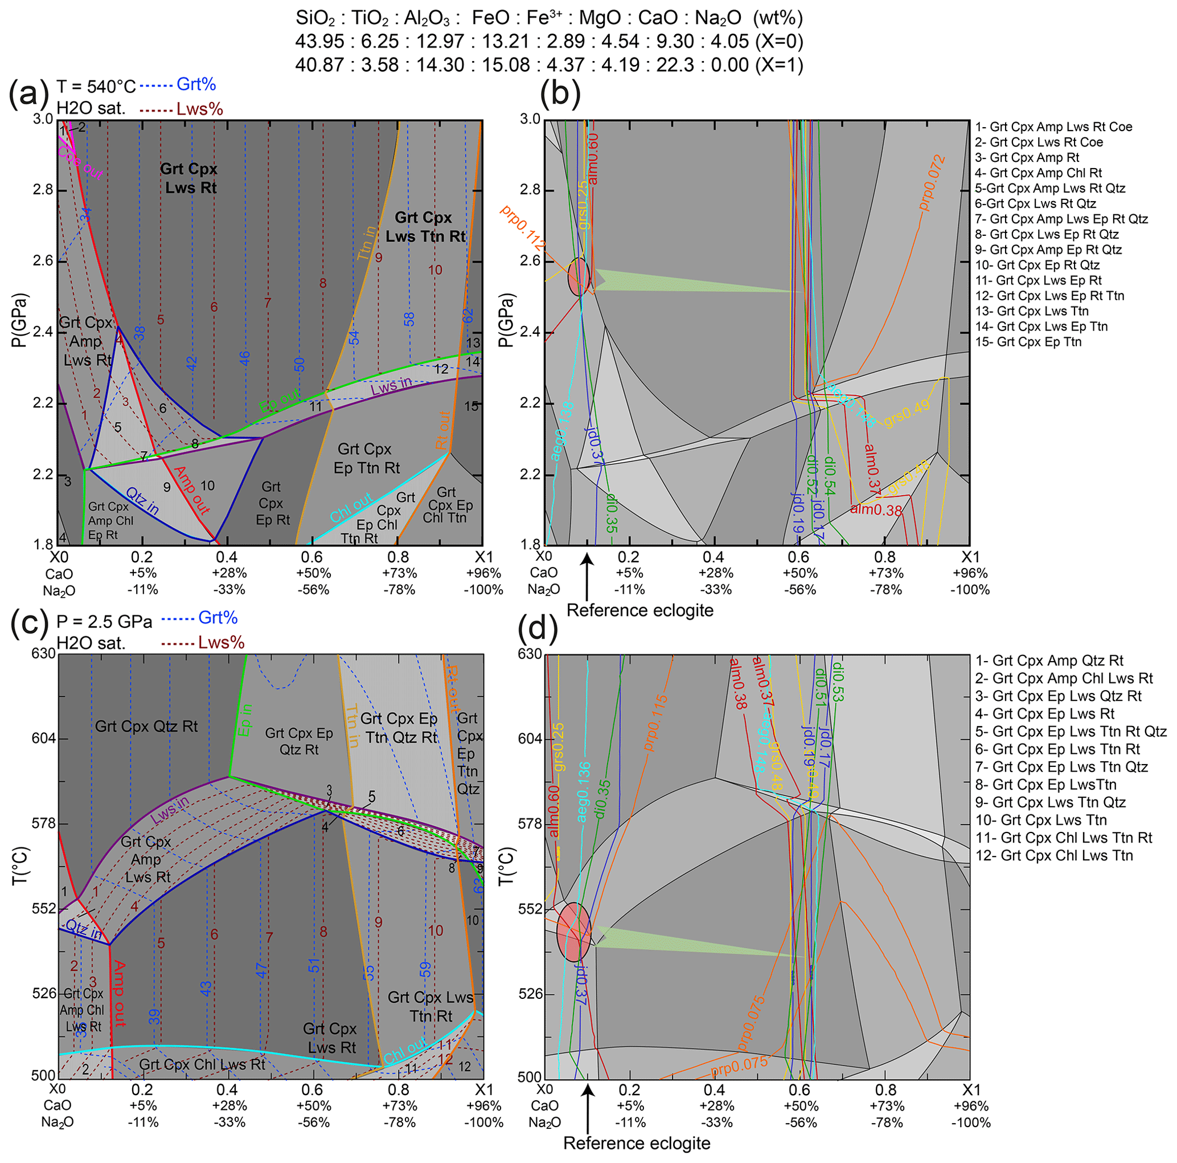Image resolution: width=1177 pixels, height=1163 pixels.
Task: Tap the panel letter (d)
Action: click(538, 630)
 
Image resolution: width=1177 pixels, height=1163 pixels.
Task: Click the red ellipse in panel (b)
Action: click(579, 277)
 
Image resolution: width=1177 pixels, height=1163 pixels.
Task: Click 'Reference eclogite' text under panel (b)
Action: click(639, 610)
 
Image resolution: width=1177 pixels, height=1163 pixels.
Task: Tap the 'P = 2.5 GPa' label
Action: click(104, 622)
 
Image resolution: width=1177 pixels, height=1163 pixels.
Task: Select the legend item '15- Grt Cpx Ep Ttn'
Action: click(1028, 342)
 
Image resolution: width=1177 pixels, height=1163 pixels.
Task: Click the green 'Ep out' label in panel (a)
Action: click(280, 401)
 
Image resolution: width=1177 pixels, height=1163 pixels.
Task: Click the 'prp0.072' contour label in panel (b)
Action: click(932, 183)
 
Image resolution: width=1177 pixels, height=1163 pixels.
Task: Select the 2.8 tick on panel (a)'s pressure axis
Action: click(43, 190)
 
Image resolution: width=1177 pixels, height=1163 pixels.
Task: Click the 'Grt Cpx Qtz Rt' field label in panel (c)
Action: click(146, 726)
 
